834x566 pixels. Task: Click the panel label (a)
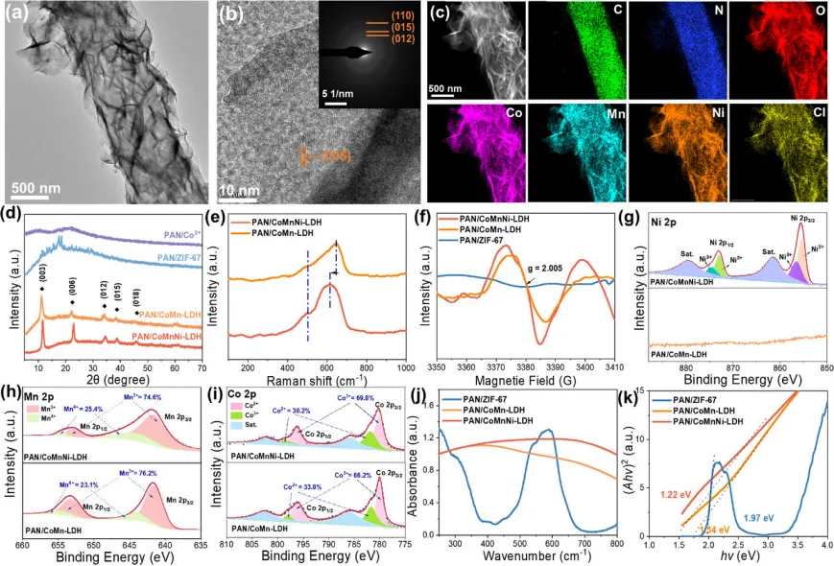point(20,16)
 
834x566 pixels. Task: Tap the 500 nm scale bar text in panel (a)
point(47,181)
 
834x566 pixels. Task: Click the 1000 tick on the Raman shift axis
point(404,368)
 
